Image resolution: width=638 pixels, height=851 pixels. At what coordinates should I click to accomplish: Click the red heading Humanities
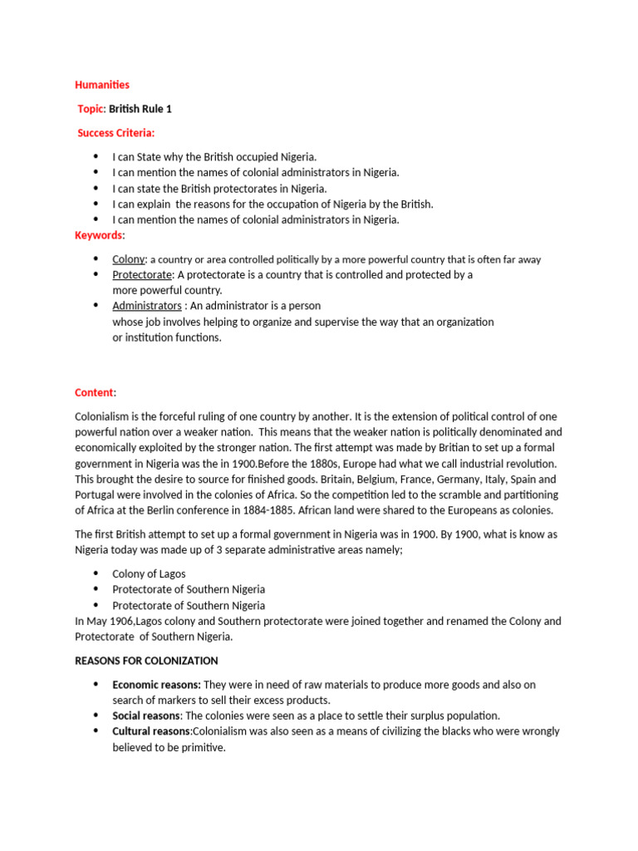click(102, 85)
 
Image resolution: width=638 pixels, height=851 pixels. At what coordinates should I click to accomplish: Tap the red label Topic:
click(91, 109)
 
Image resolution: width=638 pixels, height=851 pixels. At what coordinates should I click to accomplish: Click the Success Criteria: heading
click(116, 133)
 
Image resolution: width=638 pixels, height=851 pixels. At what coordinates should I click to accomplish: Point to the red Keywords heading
click(98, 235)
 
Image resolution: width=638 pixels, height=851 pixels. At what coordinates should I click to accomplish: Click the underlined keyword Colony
click(128, 259)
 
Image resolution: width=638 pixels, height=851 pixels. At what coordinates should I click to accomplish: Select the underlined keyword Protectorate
click(142, 274)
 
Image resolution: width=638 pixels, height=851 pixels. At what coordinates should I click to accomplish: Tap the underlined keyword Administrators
click(146, 306)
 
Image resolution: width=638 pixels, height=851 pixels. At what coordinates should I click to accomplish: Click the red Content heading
click(94, 392)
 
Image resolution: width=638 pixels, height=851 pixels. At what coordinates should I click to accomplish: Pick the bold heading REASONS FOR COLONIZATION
click(146, 661)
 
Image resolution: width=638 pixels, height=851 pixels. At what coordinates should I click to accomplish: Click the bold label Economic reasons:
click(156, 685)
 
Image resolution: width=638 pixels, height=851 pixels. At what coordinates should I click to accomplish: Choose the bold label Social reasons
click(146, 716)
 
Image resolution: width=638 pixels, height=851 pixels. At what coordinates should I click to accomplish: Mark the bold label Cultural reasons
click(151, 731)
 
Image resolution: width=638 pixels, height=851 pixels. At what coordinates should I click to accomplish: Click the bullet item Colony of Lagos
click(149, 573)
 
